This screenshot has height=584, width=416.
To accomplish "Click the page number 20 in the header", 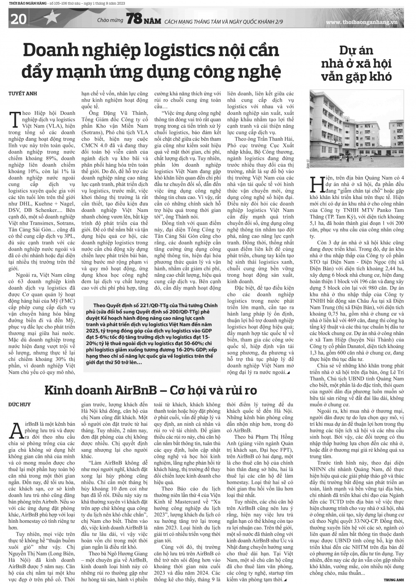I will click(18, 20).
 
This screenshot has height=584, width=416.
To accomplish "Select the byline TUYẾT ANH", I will click(23, 94).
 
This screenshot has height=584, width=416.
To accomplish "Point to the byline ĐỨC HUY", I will click(20, 404).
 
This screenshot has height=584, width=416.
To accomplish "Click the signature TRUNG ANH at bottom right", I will click(394, 579).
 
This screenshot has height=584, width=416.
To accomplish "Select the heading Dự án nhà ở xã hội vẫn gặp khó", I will click(357, 64).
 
